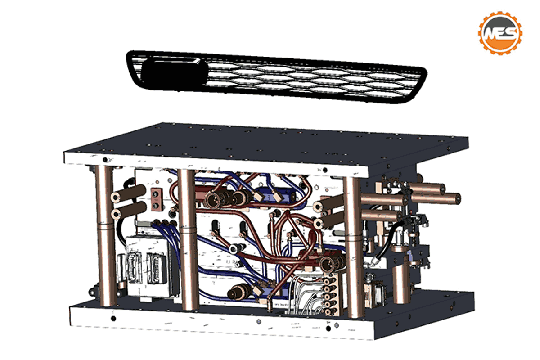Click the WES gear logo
click(500, 33)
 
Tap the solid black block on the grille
click(174, 73)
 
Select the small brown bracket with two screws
click(156, 199)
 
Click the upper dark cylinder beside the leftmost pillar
click(129, 193)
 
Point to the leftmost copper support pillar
click(105, 235)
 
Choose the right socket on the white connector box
click(157, 268)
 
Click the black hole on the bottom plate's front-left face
click(113, 319)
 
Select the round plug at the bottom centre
click(238, 292)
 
